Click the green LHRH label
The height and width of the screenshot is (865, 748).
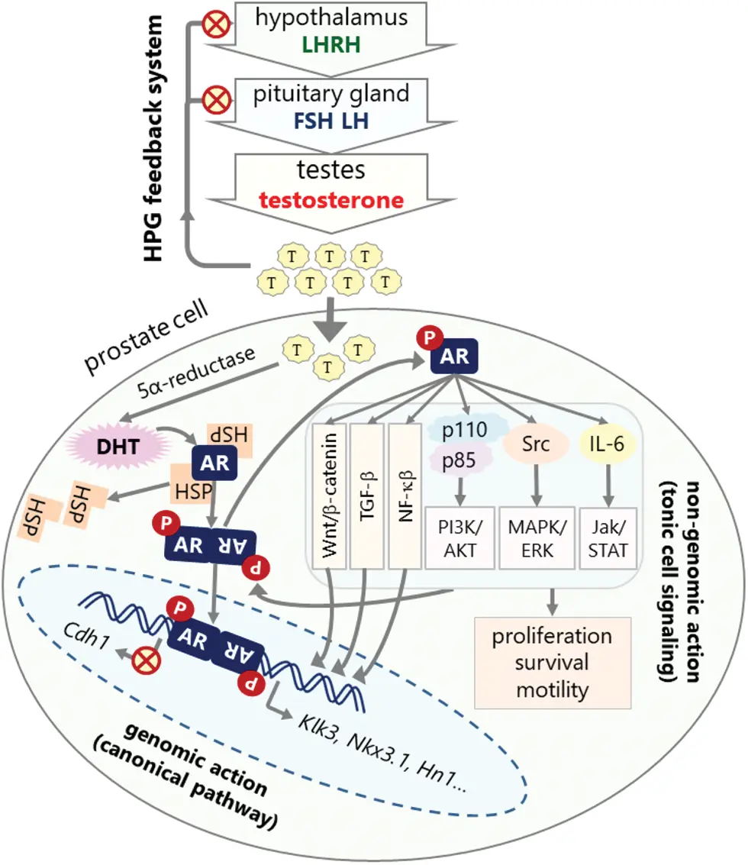click(331, 44)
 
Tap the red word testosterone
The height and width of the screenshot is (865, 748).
click(331, 200)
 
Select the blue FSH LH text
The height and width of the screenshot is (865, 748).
click(331, 121)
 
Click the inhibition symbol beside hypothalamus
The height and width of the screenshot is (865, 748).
click(216, 24)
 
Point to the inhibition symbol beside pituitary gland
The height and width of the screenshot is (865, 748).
click(217, 101)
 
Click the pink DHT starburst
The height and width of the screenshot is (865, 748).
click(118, 447)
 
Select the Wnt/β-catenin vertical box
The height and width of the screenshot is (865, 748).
click(329, 495)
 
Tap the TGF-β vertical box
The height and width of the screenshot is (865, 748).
click(367, 495)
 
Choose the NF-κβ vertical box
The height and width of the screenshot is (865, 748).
click(405, 495)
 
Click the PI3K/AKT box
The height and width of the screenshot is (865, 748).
click(460, 538)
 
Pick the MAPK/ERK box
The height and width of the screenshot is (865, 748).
click(537, 538)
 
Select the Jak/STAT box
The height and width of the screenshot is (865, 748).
click(608, 538)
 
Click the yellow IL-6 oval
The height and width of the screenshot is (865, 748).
click(607, 444)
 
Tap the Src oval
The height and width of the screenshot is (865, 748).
click(536, 444)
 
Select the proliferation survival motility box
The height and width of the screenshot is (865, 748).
click(553, 663)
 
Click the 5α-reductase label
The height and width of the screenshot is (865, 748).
click(196, 372)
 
